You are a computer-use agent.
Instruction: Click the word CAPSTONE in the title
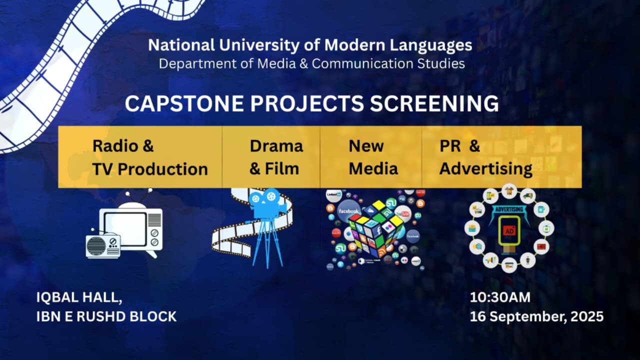pyautogui.click(x=184, y=103)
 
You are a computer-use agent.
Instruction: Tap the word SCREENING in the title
pyautogui.click(x=434, y=103)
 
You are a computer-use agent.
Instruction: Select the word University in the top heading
pyautogui.click(x=258, y=45)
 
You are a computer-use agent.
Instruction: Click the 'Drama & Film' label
pyautogui.click(x=276, y=157)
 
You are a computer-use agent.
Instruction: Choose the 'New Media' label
pyautogui.click(x=373, y=157)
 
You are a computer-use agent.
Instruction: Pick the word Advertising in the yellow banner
pyautogui.click(x=485, y=169)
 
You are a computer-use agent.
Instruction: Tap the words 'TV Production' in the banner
pyautogui.click(x=150, y=169)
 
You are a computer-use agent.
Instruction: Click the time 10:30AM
pyautogui.click(x=500, y=297)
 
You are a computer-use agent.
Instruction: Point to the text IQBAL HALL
pyautogui.click(x=79, y=297)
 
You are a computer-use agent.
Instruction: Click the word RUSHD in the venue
pyautogui.click(x=101, y=316)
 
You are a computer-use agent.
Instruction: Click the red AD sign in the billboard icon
pyautogui.click(x=509, y=231)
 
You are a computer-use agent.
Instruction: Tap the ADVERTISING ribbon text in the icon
pyautogui.click(x=509, y=209)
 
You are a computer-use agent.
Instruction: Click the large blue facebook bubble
pyautogui.click(x=348, y=211)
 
